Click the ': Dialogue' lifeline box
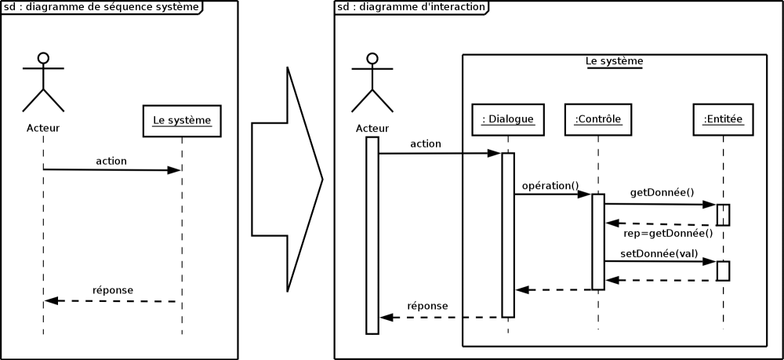[x=508, y=119]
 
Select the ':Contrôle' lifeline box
[x=598, y=119]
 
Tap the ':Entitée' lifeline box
[x=723, y=119]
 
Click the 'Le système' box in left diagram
[x=182, y=121]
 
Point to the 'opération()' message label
[x=550, y=186]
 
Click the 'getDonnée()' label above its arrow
[x=662, y=192]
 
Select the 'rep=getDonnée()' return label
[x=668, y=233]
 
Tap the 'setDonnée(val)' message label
[x=659, y=254]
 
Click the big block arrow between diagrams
[x=286, y=180]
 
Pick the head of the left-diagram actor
[x=43, y=57]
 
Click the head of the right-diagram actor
[x=372, y=57]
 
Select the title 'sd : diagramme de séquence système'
[x=101, y=7]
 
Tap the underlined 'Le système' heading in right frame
[x=615, y=61]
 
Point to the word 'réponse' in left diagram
[x=113, y=290]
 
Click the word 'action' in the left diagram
[x=111, y=161]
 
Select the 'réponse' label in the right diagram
[x=427, y=306]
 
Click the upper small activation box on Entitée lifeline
[x=723, y=215]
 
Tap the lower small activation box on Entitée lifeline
[x=723, y=271]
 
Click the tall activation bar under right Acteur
[x=372, y=235]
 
